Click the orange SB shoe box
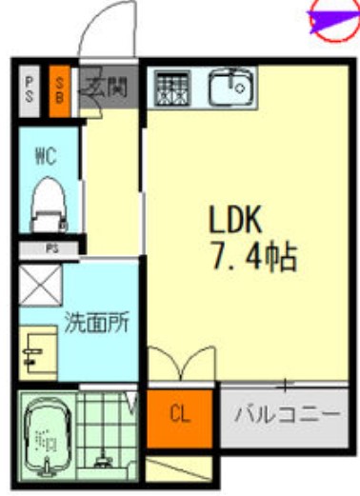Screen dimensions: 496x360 click(58, 88)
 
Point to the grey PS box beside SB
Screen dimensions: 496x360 click(30, 88)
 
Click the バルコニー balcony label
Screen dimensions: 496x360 click(287, 415)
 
